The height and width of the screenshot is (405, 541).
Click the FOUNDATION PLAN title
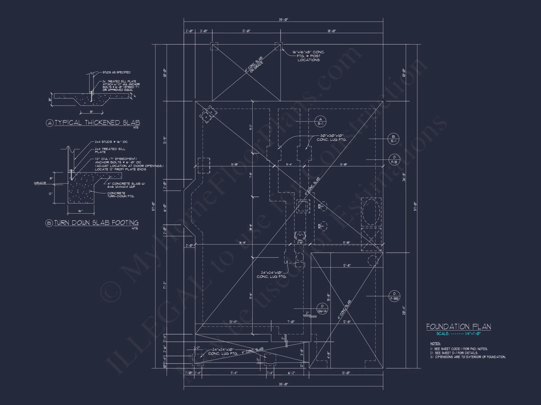(x=458, y=327)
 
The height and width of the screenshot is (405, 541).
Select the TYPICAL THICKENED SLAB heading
(x=97, y=123)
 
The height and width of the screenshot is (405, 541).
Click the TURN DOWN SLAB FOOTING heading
(x=96, y=223)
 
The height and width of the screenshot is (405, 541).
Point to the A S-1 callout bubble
(x=321, y=121)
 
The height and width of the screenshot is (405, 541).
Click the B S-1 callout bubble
(x=393, y=139)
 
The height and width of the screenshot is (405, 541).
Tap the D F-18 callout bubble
(x=394, y=160)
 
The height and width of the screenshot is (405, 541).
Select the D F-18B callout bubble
(x=394, y=296)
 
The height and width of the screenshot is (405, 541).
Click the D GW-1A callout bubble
(x=322, y=309)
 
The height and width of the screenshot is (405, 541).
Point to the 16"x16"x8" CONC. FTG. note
(x=308, y=56)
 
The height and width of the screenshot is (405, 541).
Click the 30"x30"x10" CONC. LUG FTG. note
(x=331, y=138)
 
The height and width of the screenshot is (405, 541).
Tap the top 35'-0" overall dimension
(x=283, y=20)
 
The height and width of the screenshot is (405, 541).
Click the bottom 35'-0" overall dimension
(x=283, y=384)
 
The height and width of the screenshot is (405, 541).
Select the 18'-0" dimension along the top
(x=332, y=31)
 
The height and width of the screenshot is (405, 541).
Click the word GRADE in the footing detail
(x=40, y=183)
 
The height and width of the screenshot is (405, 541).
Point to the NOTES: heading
(x=435, y=343)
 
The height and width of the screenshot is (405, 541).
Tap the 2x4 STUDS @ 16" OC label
(x=111, y=142)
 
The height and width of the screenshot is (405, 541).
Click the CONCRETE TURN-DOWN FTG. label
(x=121, y=195)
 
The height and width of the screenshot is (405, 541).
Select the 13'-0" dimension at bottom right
(x=346, y=373)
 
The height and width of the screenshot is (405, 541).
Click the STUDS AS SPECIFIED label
(x=116, y=72)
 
